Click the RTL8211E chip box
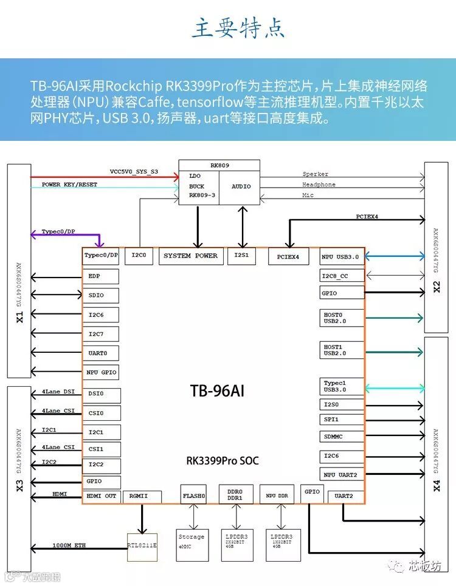click(142, 545)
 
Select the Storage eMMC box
click(192, 541)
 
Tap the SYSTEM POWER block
click(190, 256)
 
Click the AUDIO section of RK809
click(241, 186)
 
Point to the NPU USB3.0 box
click(341, 257)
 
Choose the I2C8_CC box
click(342, 276)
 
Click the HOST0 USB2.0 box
click(341, 318)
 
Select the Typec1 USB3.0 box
click(341, 386)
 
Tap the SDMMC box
click(341, 437)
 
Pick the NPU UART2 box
click(341, 474)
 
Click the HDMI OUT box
click(101, 497)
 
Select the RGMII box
click(142, 497)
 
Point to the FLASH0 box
click(194, 496)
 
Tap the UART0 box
click(100, 353)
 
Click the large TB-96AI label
click(217, 390)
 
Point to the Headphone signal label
click(319, 185)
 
